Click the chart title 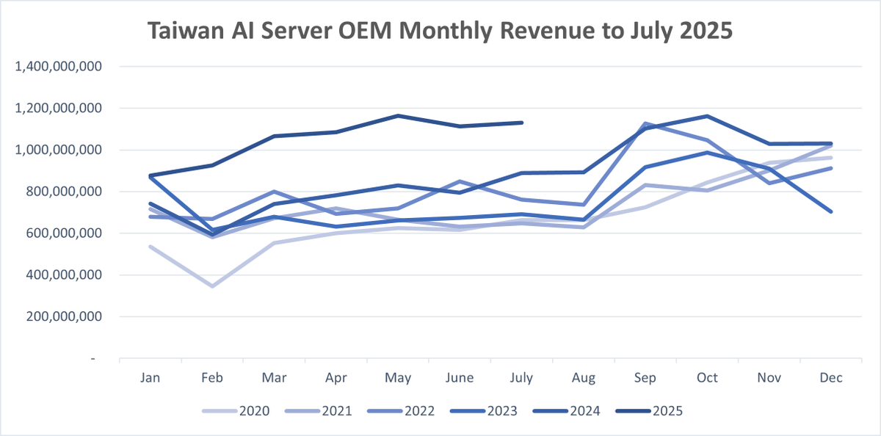440,31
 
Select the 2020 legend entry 239,411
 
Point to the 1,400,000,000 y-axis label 57,67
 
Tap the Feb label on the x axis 211,377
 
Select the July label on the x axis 522,377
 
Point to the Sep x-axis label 645,377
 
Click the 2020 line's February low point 212,286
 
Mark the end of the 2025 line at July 522,123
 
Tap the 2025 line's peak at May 398,115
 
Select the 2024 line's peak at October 708,116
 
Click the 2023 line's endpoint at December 832,211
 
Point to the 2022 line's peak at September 646,123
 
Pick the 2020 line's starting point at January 151,247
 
